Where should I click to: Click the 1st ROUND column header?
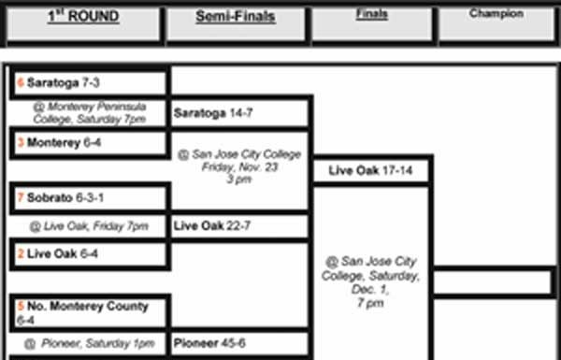(83, 17)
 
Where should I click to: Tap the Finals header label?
(372, 15)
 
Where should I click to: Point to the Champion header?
(496, 14)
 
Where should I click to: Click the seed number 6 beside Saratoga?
(21, 82)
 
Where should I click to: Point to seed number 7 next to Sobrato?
(21, 198)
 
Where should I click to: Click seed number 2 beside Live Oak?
(21, 254)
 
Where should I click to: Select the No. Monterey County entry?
(87, 306)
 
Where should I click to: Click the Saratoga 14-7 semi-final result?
(212, 113)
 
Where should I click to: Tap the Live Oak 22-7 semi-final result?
(212, 225)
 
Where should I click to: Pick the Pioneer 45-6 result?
(209, 343)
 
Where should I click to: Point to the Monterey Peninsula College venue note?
(88, 113)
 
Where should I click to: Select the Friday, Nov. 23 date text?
(239, 166)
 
